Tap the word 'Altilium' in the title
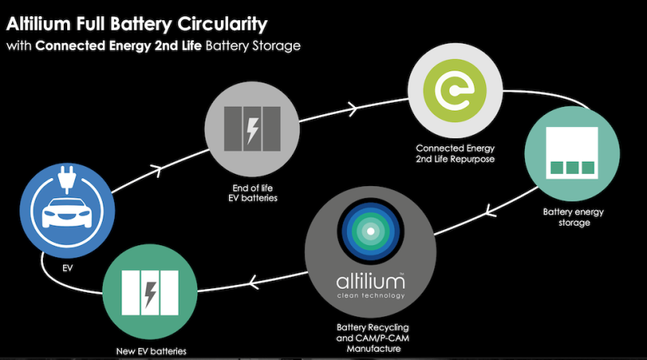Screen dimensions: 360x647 tap(41, 18)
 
